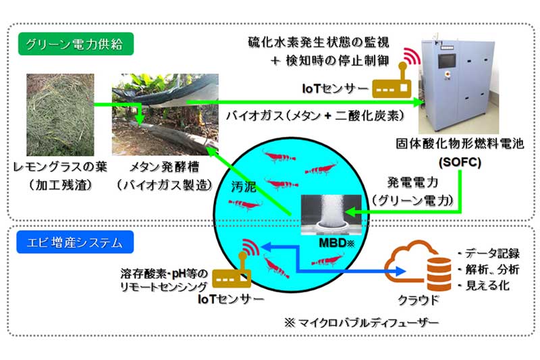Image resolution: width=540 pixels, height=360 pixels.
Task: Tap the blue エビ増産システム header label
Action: [x=75, y=240]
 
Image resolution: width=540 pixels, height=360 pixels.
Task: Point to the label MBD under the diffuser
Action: [x=327, y=240]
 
